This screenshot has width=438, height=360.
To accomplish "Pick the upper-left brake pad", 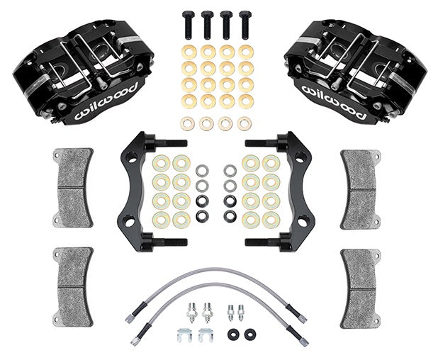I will click(x=74, y=188).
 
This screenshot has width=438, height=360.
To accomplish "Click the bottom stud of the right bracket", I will click(x=264, y=242).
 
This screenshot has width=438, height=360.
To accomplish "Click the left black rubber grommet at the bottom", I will click(x=232, y=333).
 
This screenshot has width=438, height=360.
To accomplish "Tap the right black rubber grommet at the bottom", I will click(x=249, y=333).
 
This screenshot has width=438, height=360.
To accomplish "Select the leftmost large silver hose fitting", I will click(x=191, y=310).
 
